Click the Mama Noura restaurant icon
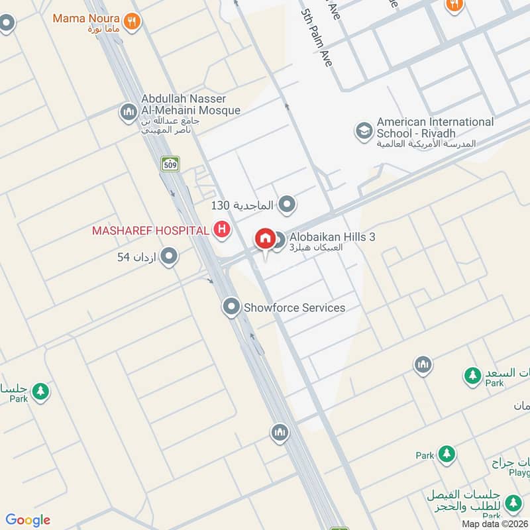tap(132, 21)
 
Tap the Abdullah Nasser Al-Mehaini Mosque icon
tap(128, 113)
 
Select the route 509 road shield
tap(170, 164)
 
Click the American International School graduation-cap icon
tap(363, 131)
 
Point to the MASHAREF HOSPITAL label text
tap(150, 230)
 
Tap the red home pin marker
tap(265, 238)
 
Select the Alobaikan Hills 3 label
tap(332, 237)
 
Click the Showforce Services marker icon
tap(231, 307)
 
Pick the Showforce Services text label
tap(294, 307)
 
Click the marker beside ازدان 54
tap(169, 256)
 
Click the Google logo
tap(28, 520)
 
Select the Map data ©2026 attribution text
tap(495, 523)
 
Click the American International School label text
tap(435, 127)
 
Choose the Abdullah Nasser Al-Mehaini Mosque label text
tap(190, 105)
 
